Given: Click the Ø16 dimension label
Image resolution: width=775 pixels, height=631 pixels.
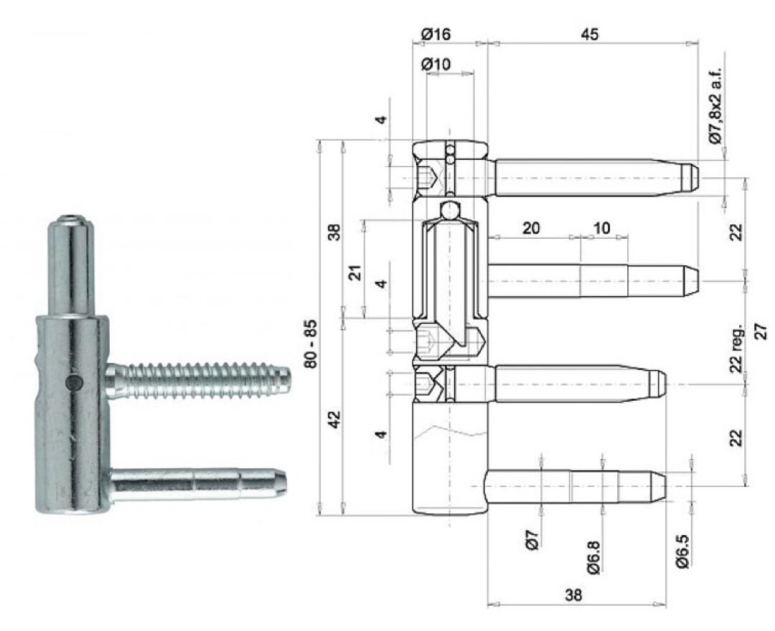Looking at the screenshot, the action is coord(436,34).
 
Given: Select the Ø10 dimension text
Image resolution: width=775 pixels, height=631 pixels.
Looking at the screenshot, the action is coord(436,64).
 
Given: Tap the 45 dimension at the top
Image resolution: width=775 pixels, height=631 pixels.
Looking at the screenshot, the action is coord(588,34).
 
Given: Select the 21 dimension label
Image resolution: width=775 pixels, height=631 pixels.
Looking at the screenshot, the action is coord(355,273).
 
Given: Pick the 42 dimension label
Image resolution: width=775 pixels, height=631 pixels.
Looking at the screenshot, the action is coord(335,419).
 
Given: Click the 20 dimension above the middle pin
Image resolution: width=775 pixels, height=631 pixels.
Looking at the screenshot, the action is coord(531,228).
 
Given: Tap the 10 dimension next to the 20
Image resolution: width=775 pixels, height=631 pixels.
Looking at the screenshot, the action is coord(601,228).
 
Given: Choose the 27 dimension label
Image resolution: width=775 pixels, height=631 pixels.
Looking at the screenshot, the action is coord(761,331).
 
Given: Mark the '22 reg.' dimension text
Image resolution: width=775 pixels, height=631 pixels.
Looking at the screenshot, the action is coord(736,348).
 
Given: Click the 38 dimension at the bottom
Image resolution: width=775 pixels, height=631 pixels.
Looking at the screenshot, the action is coord(573,595).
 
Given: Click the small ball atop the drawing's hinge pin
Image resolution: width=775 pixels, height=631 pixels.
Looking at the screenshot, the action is coord(449,210).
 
